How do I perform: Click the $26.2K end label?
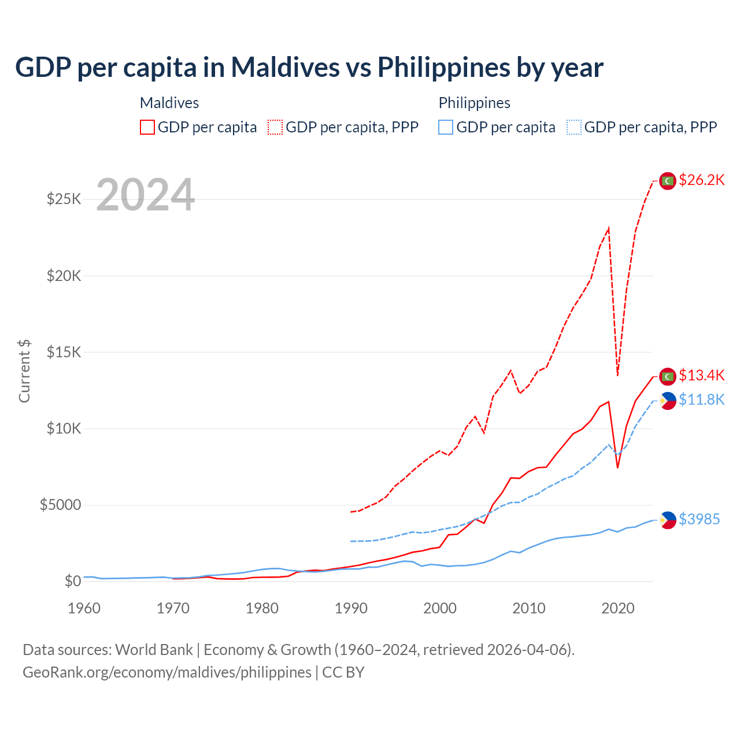click(701, 180)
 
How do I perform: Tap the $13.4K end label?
click(701, 376)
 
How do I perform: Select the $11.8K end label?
click(701, 400)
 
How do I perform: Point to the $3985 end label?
click(699, 520)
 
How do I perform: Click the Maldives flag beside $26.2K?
click(668, 181)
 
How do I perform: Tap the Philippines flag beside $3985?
click(668, 520)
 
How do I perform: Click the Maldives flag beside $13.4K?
click(668, 376)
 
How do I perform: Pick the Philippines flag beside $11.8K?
click(668, 401)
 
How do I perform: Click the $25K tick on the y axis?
click(64, 199)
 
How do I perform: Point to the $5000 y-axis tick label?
click(60, 505)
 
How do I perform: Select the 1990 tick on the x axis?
click(351, 608)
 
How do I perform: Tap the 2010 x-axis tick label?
click(529, 608)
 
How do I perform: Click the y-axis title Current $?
click(24, 371)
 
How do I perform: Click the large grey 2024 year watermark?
click(145, 195)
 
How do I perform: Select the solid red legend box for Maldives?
click(147, 127)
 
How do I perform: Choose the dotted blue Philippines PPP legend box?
click(574, 127)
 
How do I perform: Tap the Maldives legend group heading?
click(169, 103)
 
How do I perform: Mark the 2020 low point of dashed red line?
click(617, 375)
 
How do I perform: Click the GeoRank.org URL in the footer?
click(167, 672)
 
